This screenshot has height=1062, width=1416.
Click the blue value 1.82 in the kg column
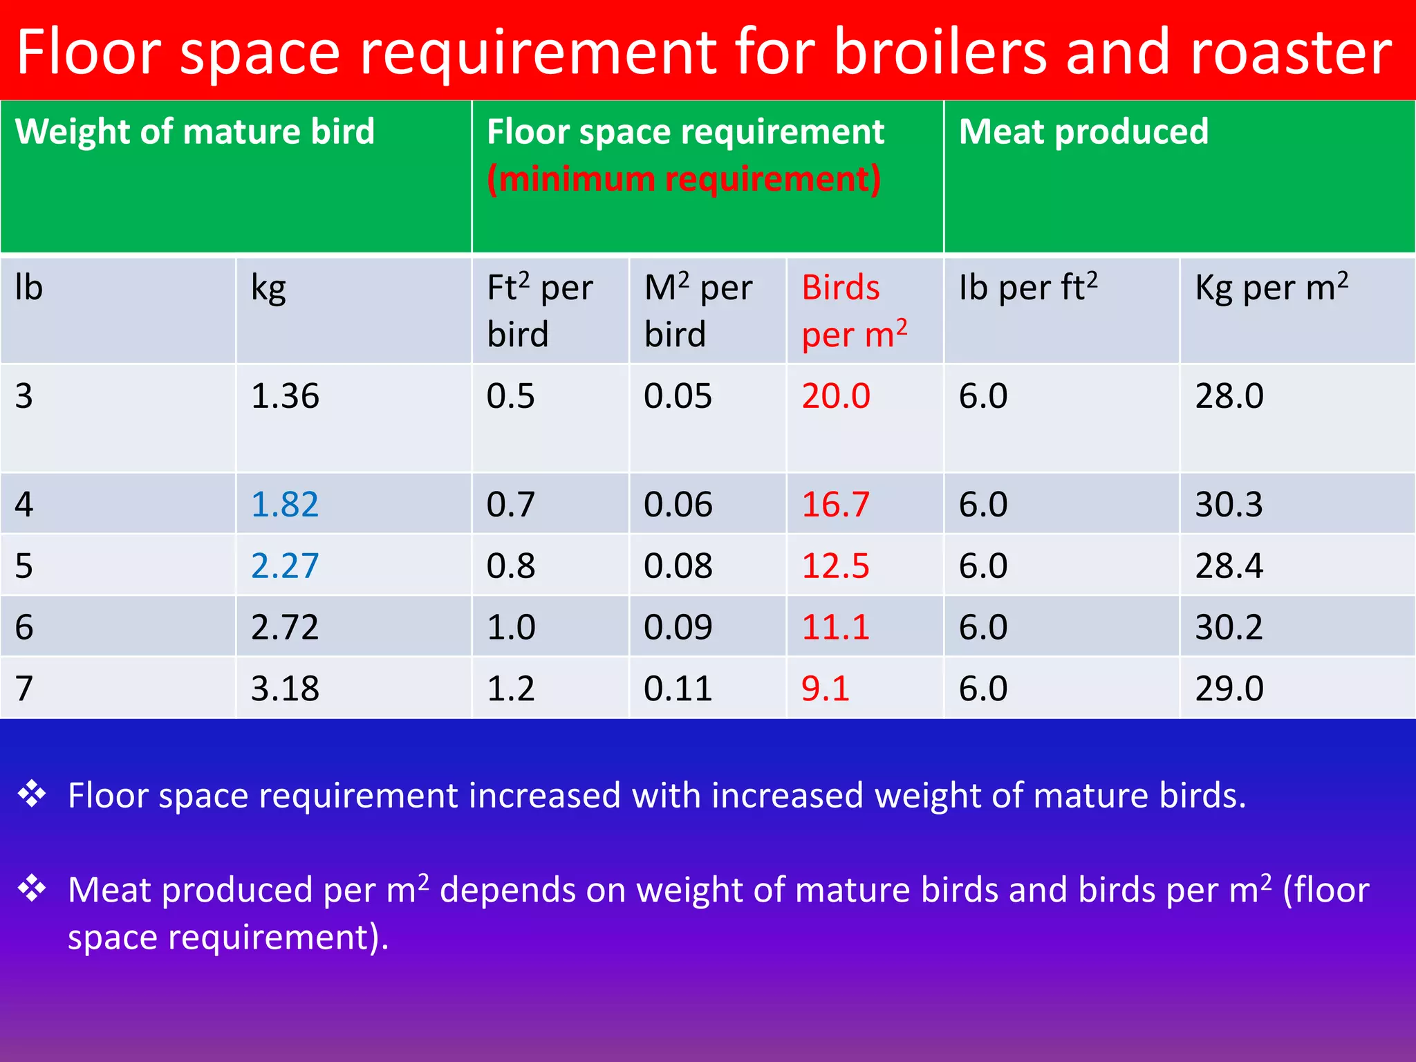pos(284,504)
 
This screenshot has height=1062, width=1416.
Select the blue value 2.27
pos(284,566)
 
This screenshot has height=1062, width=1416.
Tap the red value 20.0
pos(835,396)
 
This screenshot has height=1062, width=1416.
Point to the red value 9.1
pos(825,689)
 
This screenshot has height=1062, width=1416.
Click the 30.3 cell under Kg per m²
pos(1229,504)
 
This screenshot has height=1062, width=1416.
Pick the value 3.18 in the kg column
pos(284,689)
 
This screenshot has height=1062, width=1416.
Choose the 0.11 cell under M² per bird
pos(678,689)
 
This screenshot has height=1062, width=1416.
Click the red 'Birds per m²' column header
pos(854,311)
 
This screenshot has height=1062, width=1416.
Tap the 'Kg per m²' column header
pos(1271,288)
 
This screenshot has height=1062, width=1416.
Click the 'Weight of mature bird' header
pos(195,131)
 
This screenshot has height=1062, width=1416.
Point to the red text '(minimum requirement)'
pos(684,179)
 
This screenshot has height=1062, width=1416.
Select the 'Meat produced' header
pos(1083,131)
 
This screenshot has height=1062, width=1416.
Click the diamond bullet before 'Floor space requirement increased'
pos(32,794)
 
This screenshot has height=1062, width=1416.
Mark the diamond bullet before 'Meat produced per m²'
pos(32,888)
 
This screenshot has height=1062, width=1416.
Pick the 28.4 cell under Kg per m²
pos(1229,566)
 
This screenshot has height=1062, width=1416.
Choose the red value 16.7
pos(835,504)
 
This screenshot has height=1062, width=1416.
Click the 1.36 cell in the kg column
pos(284,396)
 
